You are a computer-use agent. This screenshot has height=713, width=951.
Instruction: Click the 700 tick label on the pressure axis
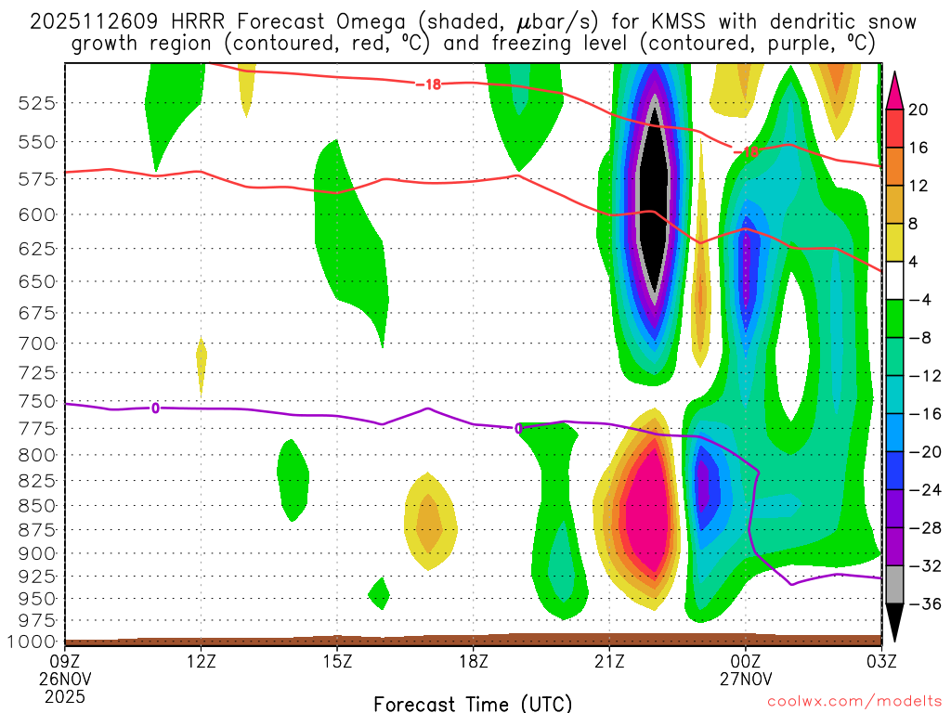36,344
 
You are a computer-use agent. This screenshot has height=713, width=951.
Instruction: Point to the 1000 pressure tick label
32,642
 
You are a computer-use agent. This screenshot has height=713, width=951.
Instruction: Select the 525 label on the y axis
36,103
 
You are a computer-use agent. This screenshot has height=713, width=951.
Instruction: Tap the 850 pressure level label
36,506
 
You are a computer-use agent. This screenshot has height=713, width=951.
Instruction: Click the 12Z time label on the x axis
202,661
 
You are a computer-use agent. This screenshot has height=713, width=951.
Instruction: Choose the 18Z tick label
473,661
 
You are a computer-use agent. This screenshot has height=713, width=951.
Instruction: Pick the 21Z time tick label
609,661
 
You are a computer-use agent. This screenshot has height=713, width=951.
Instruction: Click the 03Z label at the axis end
880,661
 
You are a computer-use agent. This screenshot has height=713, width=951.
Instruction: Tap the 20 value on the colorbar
918,110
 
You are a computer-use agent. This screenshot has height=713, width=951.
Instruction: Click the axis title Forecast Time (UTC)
473,703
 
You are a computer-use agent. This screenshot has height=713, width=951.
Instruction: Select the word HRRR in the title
170,21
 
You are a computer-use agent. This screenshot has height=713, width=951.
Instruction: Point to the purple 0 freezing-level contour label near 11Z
155,408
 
